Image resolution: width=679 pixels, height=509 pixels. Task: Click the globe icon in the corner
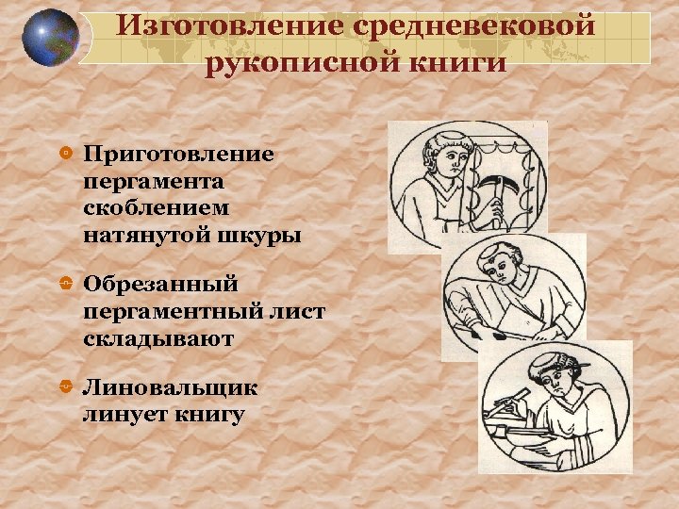49,38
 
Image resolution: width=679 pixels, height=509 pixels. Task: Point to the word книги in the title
449,62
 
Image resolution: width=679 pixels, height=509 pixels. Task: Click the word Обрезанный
160,284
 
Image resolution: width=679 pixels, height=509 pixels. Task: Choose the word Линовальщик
170,387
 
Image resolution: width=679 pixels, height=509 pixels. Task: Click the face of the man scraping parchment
444,164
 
